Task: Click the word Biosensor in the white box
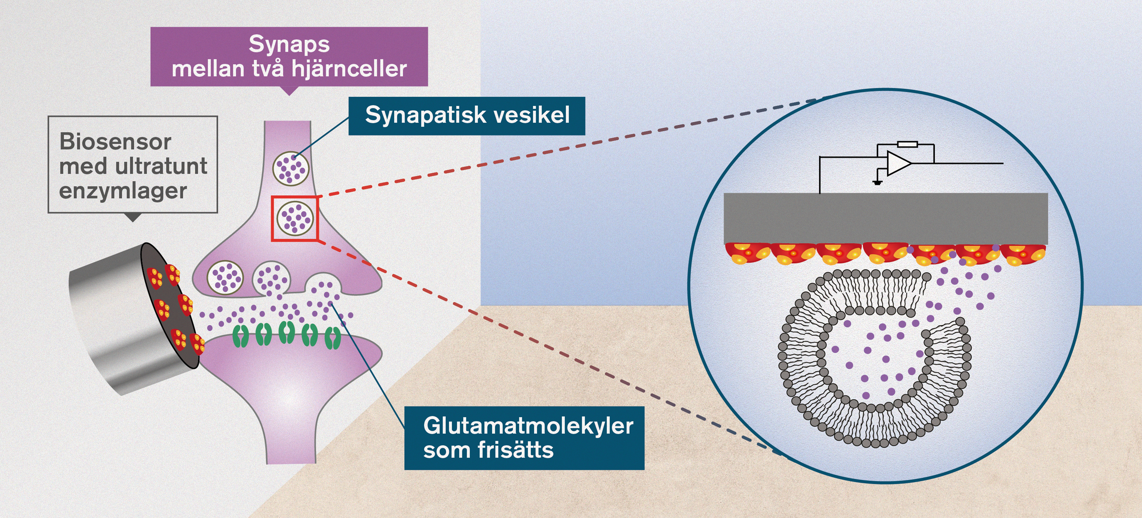tap(115, 142)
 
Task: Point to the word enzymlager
tap(123, 191)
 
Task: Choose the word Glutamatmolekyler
tap(528, 426)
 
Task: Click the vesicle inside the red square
tap(295, 218)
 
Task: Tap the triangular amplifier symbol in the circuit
tap(898, 163)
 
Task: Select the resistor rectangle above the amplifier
tap(907, 144)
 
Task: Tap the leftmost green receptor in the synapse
tap(241, 337)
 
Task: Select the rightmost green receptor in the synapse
tap(332, 338)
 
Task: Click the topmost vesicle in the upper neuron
tap(290, 168)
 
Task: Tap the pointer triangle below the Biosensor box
tap(132, 217)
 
